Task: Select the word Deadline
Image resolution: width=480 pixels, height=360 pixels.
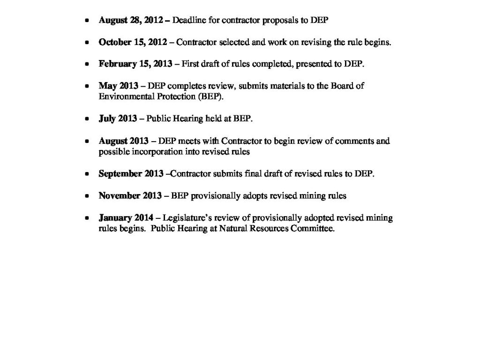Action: point(190,21)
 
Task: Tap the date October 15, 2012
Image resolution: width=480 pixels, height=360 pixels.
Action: point(133,42)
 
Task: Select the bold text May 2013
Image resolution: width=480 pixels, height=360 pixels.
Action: point(118,86)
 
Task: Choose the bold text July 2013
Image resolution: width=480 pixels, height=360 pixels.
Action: point(118,119)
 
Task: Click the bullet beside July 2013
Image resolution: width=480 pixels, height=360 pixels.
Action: point(87,119)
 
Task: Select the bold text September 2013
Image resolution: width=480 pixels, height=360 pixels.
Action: point(131,174)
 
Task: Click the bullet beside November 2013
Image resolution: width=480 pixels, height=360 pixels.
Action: point(87,196)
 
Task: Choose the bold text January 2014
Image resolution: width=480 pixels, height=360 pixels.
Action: point(126,218)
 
